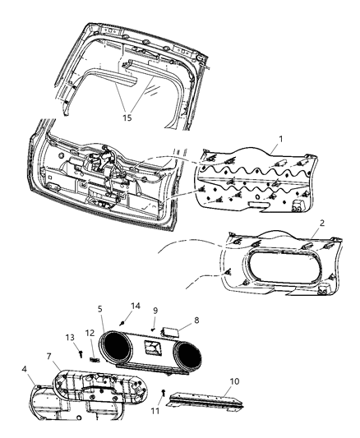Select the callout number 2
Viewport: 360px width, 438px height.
322,223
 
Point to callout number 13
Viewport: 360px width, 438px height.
68,337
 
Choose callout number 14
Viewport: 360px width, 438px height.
136,305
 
